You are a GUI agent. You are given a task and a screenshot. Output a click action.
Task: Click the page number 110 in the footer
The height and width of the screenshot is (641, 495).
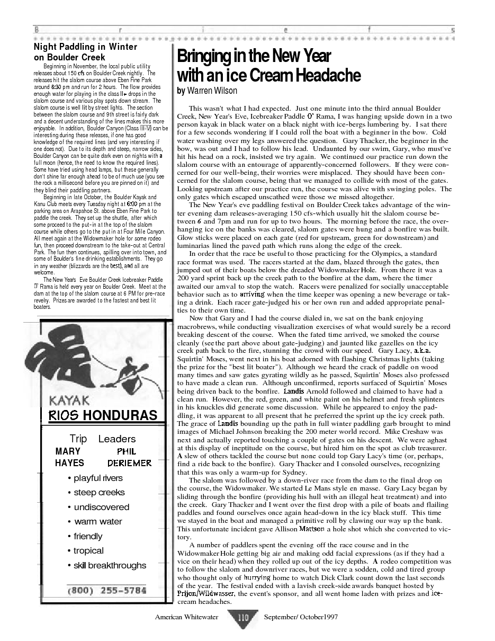tap(243, 617)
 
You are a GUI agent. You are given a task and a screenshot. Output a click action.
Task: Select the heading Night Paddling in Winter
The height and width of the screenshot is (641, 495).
tap(85, 47)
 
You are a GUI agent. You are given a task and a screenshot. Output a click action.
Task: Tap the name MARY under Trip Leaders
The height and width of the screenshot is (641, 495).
tap(68, 451)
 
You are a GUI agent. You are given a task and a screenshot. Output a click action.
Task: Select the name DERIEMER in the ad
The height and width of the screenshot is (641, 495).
tap(129, 463)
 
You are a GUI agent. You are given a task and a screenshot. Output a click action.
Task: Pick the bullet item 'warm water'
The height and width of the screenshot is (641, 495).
tap(98, 521)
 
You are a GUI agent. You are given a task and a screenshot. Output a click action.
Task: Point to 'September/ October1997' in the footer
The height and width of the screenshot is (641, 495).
tap(301, 617)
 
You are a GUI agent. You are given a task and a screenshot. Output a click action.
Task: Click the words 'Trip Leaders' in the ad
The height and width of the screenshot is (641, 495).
tap(103, 439)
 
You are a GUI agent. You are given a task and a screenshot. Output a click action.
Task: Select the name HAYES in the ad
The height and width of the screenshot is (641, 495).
tap(69, 463)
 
